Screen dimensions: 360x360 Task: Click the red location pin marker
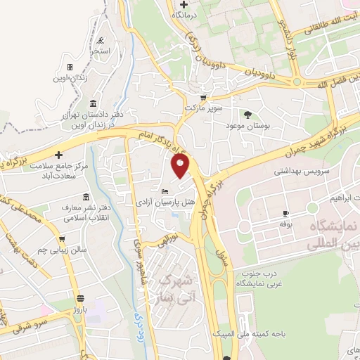coord(181,166)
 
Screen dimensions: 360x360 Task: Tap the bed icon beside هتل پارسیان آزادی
coord(165,192)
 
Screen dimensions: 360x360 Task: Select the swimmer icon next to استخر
coord(103,39)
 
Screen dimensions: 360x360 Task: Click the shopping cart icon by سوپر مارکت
coord(203,98)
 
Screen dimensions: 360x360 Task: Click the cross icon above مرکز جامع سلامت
coord(58,155)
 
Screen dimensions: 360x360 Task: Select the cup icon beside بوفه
coord(285,213)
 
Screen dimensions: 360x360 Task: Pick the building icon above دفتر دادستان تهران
coord(94,104)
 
